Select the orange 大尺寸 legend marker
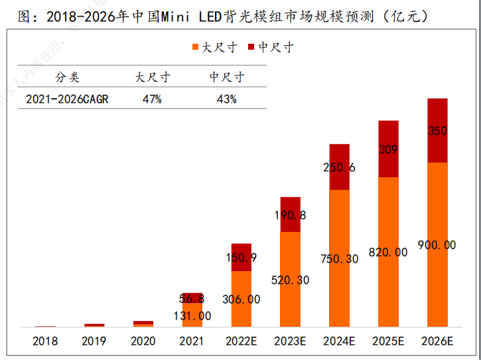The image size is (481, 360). [195, 47]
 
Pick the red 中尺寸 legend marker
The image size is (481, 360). [251, 47]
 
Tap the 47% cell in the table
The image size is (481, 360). [152, 99]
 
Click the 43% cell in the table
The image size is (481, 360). [226, 99]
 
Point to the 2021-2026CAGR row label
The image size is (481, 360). [67, 99]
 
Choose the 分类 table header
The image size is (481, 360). [67, 78]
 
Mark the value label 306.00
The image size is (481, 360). [241, 299]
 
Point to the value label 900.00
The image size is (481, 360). [437, 245]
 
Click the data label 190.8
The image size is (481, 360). [290, 215]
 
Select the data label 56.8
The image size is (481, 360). [192, 298]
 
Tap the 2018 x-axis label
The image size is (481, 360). [44, 341]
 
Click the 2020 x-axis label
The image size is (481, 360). [143, 341]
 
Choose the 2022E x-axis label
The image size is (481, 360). [241, 341]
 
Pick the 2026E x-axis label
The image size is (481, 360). [437, 341]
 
